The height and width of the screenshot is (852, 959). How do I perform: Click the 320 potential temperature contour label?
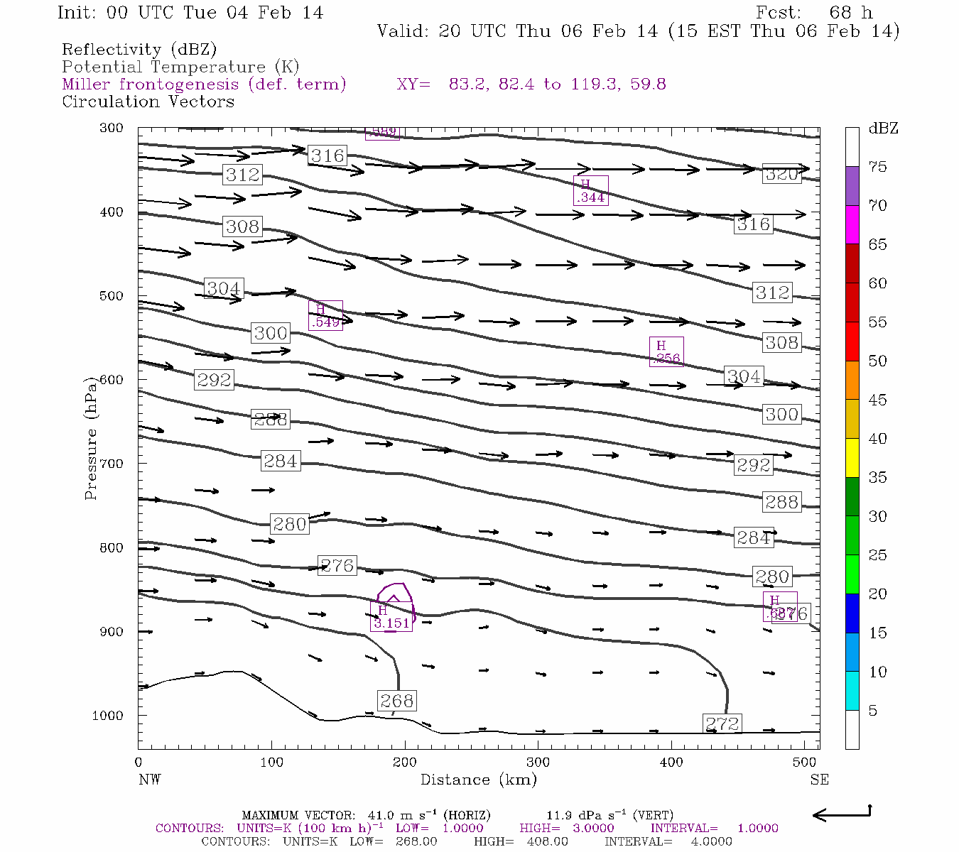(781, 174)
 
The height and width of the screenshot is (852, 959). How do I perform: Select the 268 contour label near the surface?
(396, 701)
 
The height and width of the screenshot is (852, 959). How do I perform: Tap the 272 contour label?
(722, 723)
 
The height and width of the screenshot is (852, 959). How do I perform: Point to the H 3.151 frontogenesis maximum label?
(391, 617)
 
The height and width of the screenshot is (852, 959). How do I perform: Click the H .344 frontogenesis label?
(590, 190)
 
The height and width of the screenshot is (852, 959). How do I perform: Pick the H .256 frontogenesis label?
(666, 351)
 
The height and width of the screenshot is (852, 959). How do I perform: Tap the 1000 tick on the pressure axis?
(107, 715)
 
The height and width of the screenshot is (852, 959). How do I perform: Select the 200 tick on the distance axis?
(405, 762)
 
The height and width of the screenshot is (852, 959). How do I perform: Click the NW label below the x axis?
(149, 780)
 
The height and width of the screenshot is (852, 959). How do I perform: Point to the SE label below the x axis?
(819, 780)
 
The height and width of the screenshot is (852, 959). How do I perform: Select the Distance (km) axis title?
(478, 780)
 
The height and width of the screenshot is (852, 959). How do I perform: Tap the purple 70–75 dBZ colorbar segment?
(852, 186)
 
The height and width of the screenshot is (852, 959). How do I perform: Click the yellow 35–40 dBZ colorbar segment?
(852, 458)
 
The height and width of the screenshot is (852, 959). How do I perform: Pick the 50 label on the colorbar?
(877, 361)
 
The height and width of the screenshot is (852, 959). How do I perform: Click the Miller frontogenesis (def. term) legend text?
(204, 84)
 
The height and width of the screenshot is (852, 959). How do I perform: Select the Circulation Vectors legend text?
(148, 102)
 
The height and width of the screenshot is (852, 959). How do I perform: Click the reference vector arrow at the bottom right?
(841, 814)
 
